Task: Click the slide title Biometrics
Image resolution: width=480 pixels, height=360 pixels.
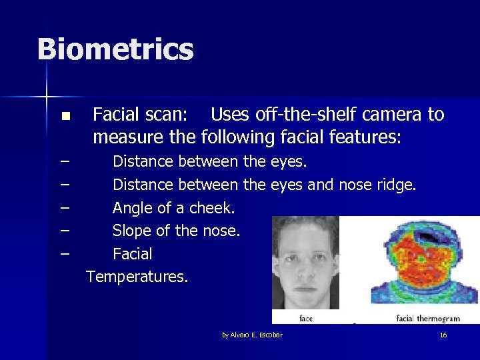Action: (115, 50)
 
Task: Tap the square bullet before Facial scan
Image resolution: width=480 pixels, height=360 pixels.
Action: (65, 117)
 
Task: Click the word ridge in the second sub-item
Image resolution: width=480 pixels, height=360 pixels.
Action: (396, 185)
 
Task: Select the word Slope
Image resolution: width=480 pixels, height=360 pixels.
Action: (132, 231)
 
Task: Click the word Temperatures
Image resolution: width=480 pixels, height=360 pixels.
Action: (137, 277)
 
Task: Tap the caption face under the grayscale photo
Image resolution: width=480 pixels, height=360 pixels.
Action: (305, 319)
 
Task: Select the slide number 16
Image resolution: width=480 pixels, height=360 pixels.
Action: (443, 335)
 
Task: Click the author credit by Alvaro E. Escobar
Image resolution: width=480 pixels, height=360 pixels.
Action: (252, 335)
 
